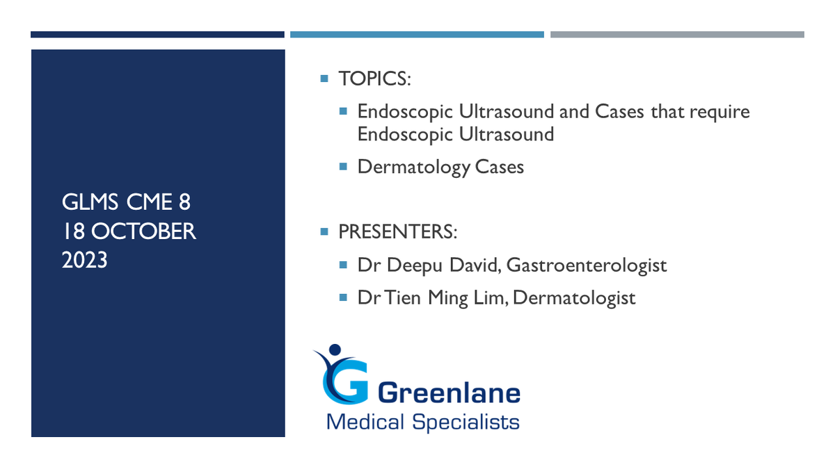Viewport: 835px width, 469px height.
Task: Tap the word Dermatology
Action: [414, 167]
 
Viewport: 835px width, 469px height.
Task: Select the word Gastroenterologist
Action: [587, 265]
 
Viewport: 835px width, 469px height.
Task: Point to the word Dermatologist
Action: [574, 298]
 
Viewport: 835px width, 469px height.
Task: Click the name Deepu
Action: [415, 265]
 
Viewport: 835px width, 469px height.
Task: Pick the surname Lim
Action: [489, 298]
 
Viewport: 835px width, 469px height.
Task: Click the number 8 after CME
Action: [184, 202]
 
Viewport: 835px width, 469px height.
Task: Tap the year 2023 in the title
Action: [85, 260]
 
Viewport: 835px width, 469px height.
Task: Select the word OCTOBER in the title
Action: [143, 231]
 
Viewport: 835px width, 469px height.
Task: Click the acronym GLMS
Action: [90, 202]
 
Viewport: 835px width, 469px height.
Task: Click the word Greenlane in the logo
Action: [449, 393]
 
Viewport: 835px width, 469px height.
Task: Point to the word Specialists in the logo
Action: [466, 422]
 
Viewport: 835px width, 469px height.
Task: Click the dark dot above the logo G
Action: [335, 349]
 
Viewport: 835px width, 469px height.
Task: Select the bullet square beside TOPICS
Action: [324, 79]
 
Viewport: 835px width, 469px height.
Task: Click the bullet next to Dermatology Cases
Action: [343, 166]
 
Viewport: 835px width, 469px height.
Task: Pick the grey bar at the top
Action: [677, 35]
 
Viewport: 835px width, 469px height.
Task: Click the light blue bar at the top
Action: [417, 35]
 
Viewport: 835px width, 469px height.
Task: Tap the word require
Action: [719, 112]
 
